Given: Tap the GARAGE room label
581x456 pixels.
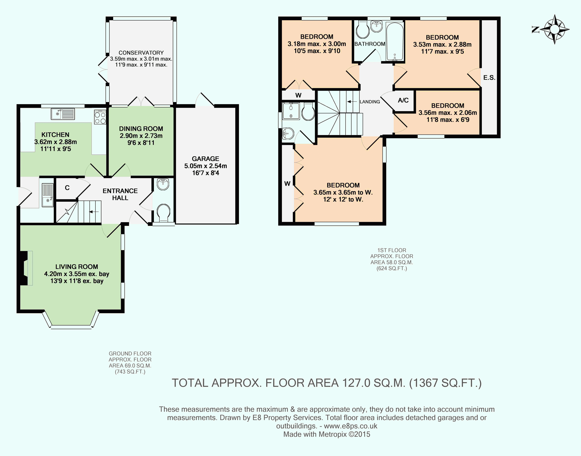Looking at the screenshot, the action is coord(205,159).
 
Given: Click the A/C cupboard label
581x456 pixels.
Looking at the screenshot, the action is coord(403,100).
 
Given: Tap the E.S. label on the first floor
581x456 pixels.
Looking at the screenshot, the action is coord(489,78).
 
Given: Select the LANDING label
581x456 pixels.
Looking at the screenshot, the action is coord(370,102).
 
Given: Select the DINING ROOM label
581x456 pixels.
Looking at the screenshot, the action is coord(141,129).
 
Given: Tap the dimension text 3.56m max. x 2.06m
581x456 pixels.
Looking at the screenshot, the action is coord(448,113).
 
